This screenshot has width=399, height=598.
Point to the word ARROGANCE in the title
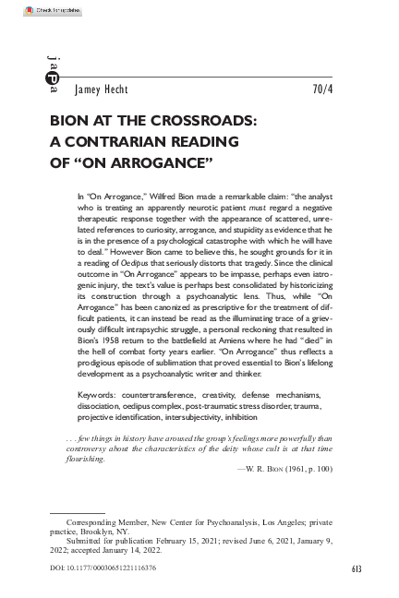163,162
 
